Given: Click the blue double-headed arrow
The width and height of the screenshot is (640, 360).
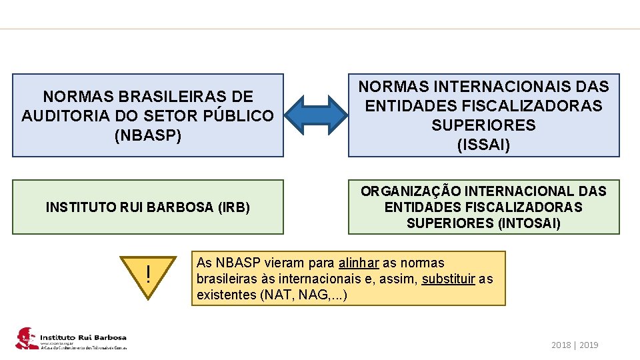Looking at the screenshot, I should coord(316,115).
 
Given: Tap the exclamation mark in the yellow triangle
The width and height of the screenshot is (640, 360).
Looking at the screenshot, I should coord(149,274).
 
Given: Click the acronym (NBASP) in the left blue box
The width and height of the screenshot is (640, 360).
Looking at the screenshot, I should coord(147,135).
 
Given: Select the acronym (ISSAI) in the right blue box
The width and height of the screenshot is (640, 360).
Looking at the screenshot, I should coord(483,144).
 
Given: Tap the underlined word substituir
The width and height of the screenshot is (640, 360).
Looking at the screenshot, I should coord(449,278).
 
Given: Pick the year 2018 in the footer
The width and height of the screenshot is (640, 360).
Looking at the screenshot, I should coord(562,345).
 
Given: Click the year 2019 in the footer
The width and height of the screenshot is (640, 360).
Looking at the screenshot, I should coord(589,345).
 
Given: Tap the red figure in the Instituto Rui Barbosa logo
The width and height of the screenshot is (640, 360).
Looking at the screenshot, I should coord(26,339).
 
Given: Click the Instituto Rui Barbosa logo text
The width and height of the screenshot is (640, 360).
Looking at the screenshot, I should coord(83,338).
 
